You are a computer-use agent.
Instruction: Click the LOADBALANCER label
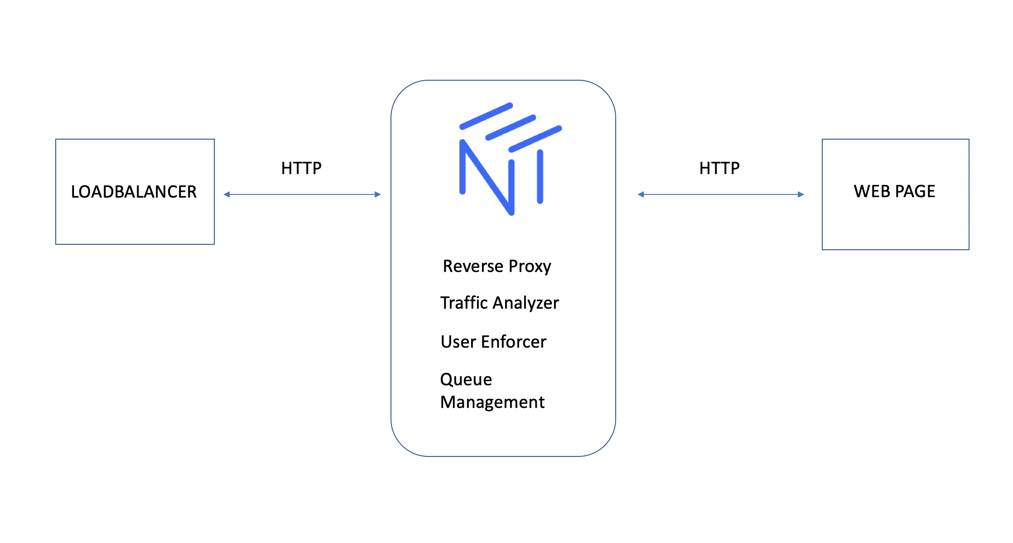134,192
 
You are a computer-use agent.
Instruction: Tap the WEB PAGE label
894,191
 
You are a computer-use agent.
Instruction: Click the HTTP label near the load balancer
301,168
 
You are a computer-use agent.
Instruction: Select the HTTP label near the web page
719,168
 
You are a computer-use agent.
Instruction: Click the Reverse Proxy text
497,266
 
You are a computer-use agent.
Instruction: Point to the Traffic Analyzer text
500,303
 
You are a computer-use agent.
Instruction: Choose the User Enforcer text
493,342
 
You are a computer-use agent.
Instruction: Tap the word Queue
466,379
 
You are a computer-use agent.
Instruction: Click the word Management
492,402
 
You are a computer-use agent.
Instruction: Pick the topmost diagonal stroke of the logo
486,116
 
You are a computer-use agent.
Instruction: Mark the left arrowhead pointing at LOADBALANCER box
227,194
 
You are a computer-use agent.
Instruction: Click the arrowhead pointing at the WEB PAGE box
801,194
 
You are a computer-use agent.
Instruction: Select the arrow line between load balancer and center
302,194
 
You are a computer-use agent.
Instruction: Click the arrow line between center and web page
720,194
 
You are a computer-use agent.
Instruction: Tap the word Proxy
530,267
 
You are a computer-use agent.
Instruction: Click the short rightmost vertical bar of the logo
540,177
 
